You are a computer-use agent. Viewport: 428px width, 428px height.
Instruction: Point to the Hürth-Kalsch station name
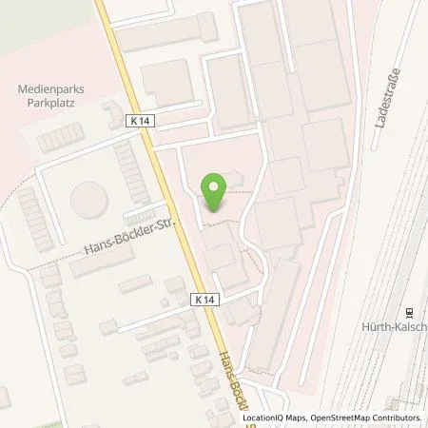click(399, 327)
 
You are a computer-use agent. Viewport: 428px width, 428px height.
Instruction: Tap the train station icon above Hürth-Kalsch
click(410, 312)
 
